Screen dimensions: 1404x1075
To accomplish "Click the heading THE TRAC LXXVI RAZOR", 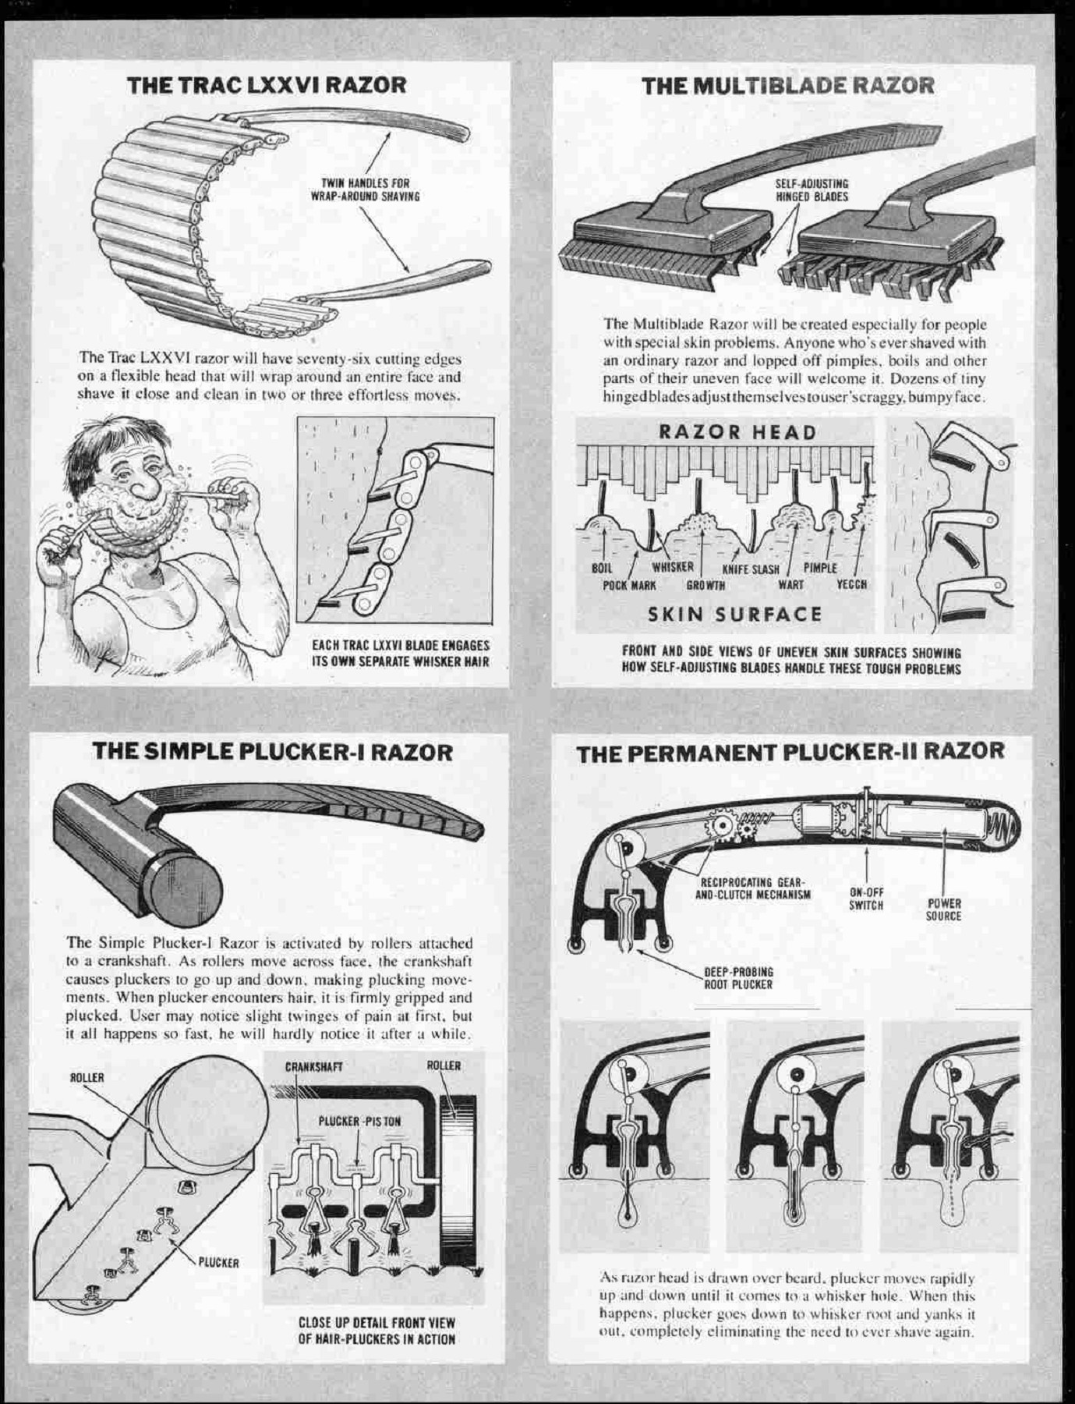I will (x=267, y=85).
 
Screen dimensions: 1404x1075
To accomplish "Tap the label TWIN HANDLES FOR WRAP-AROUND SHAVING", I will (x=366, y=190).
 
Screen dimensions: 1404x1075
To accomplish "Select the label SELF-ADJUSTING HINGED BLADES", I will (x=811, y=190).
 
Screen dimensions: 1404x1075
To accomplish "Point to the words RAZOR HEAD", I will (x=737, y=432).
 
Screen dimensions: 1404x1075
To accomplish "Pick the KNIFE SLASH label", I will (x=750, y=569).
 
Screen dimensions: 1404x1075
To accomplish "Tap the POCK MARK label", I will (x=629, y=584).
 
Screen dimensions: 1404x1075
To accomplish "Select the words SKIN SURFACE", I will (x=735, y=615).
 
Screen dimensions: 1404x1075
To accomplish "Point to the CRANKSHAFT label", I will (x=313, y=1066).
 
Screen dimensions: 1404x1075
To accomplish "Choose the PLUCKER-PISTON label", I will (x=359, y=1122).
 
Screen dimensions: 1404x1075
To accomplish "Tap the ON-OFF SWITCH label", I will (x=866, y=899).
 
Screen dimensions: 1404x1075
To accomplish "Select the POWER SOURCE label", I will (x=943, y=910).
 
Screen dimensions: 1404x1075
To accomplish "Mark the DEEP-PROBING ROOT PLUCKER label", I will (x=738, y=978).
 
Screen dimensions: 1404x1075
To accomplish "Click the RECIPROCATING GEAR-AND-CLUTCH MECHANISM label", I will (x=752, y=888).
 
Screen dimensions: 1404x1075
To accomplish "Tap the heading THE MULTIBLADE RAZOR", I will (x=788, y=85).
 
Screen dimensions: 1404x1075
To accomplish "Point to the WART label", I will (x=790, y=584).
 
